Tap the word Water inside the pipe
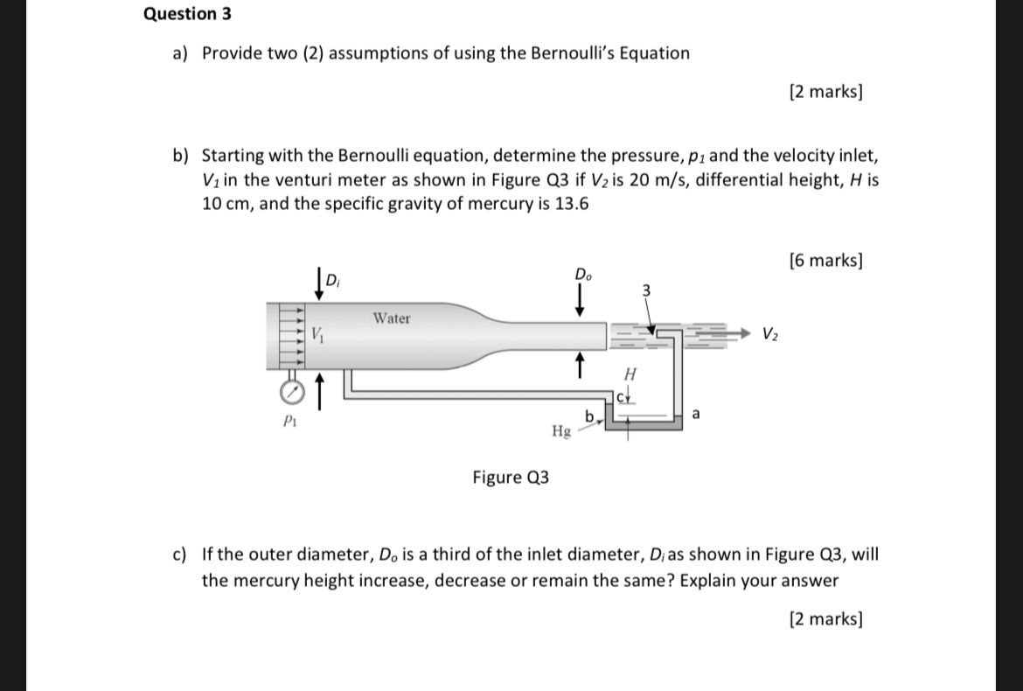coord(391,318)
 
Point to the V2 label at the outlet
coord(769,333)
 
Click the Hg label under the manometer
coord(561,430)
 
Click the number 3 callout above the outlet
coord(646,290)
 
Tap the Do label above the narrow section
coord(581,275)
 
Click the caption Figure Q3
coord(511,478)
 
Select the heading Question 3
coord(187,14)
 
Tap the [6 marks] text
coord(825,260)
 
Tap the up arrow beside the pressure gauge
coord(319,390)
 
